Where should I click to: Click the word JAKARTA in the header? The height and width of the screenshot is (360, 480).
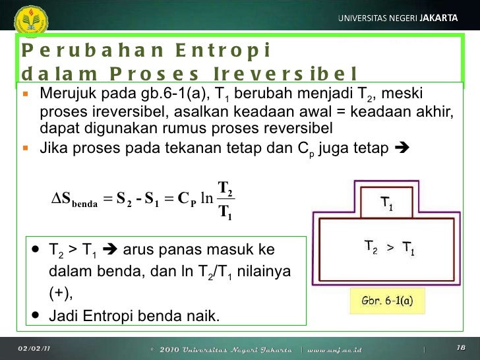tap(438, 18)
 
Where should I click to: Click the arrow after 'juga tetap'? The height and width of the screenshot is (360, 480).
tap(401, 148)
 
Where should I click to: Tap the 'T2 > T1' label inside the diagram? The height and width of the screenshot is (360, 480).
tap(389, 248)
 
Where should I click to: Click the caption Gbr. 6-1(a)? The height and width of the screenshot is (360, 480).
tap(387, 301)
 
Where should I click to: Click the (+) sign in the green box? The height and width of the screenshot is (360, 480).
tap(60, 293)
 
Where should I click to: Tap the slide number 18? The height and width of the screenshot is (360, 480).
tap(461, 347)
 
